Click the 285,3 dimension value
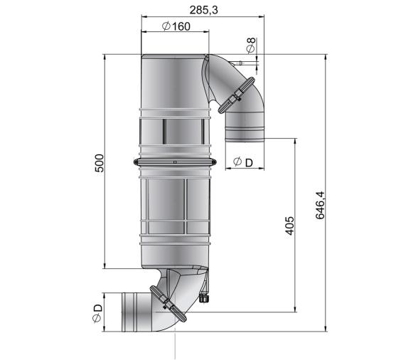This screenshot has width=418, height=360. [203, 10]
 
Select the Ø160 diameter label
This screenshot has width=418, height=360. [176, 26]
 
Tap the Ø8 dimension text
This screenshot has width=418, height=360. [251, 46]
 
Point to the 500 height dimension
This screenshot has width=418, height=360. [100, 163]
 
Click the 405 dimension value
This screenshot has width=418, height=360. [290, 226]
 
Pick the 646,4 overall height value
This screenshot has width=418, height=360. [320, 205]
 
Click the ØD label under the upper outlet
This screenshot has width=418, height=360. [243, 162]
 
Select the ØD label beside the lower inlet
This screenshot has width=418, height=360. [97, 313]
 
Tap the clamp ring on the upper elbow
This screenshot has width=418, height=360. [236, 95]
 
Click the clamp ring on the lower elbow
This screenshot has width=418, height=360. [168, 304]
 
